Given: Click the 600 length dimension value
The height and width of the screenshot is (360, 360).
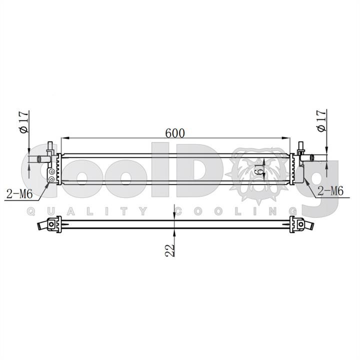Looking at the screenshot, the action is [175, 133].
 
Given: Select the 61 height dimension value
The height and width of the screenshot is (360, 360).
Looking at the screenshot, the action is [259, 169].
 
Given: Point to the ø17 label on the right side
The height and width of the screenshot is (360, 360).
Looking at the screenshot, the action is [321, 121].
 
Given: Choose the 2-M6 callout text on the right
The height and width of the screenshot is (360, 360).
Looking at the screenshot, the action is [330, 191].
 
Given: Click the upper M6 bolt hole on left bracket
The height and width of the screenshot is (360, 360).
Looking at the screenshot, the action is [52, 171].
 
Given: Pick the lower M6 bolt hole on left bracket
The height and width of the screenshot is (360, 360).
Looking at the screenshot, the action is [52, 179].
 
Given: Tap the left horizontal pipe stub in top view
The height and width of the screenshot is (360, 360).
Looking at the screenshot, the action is [43, 159].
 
